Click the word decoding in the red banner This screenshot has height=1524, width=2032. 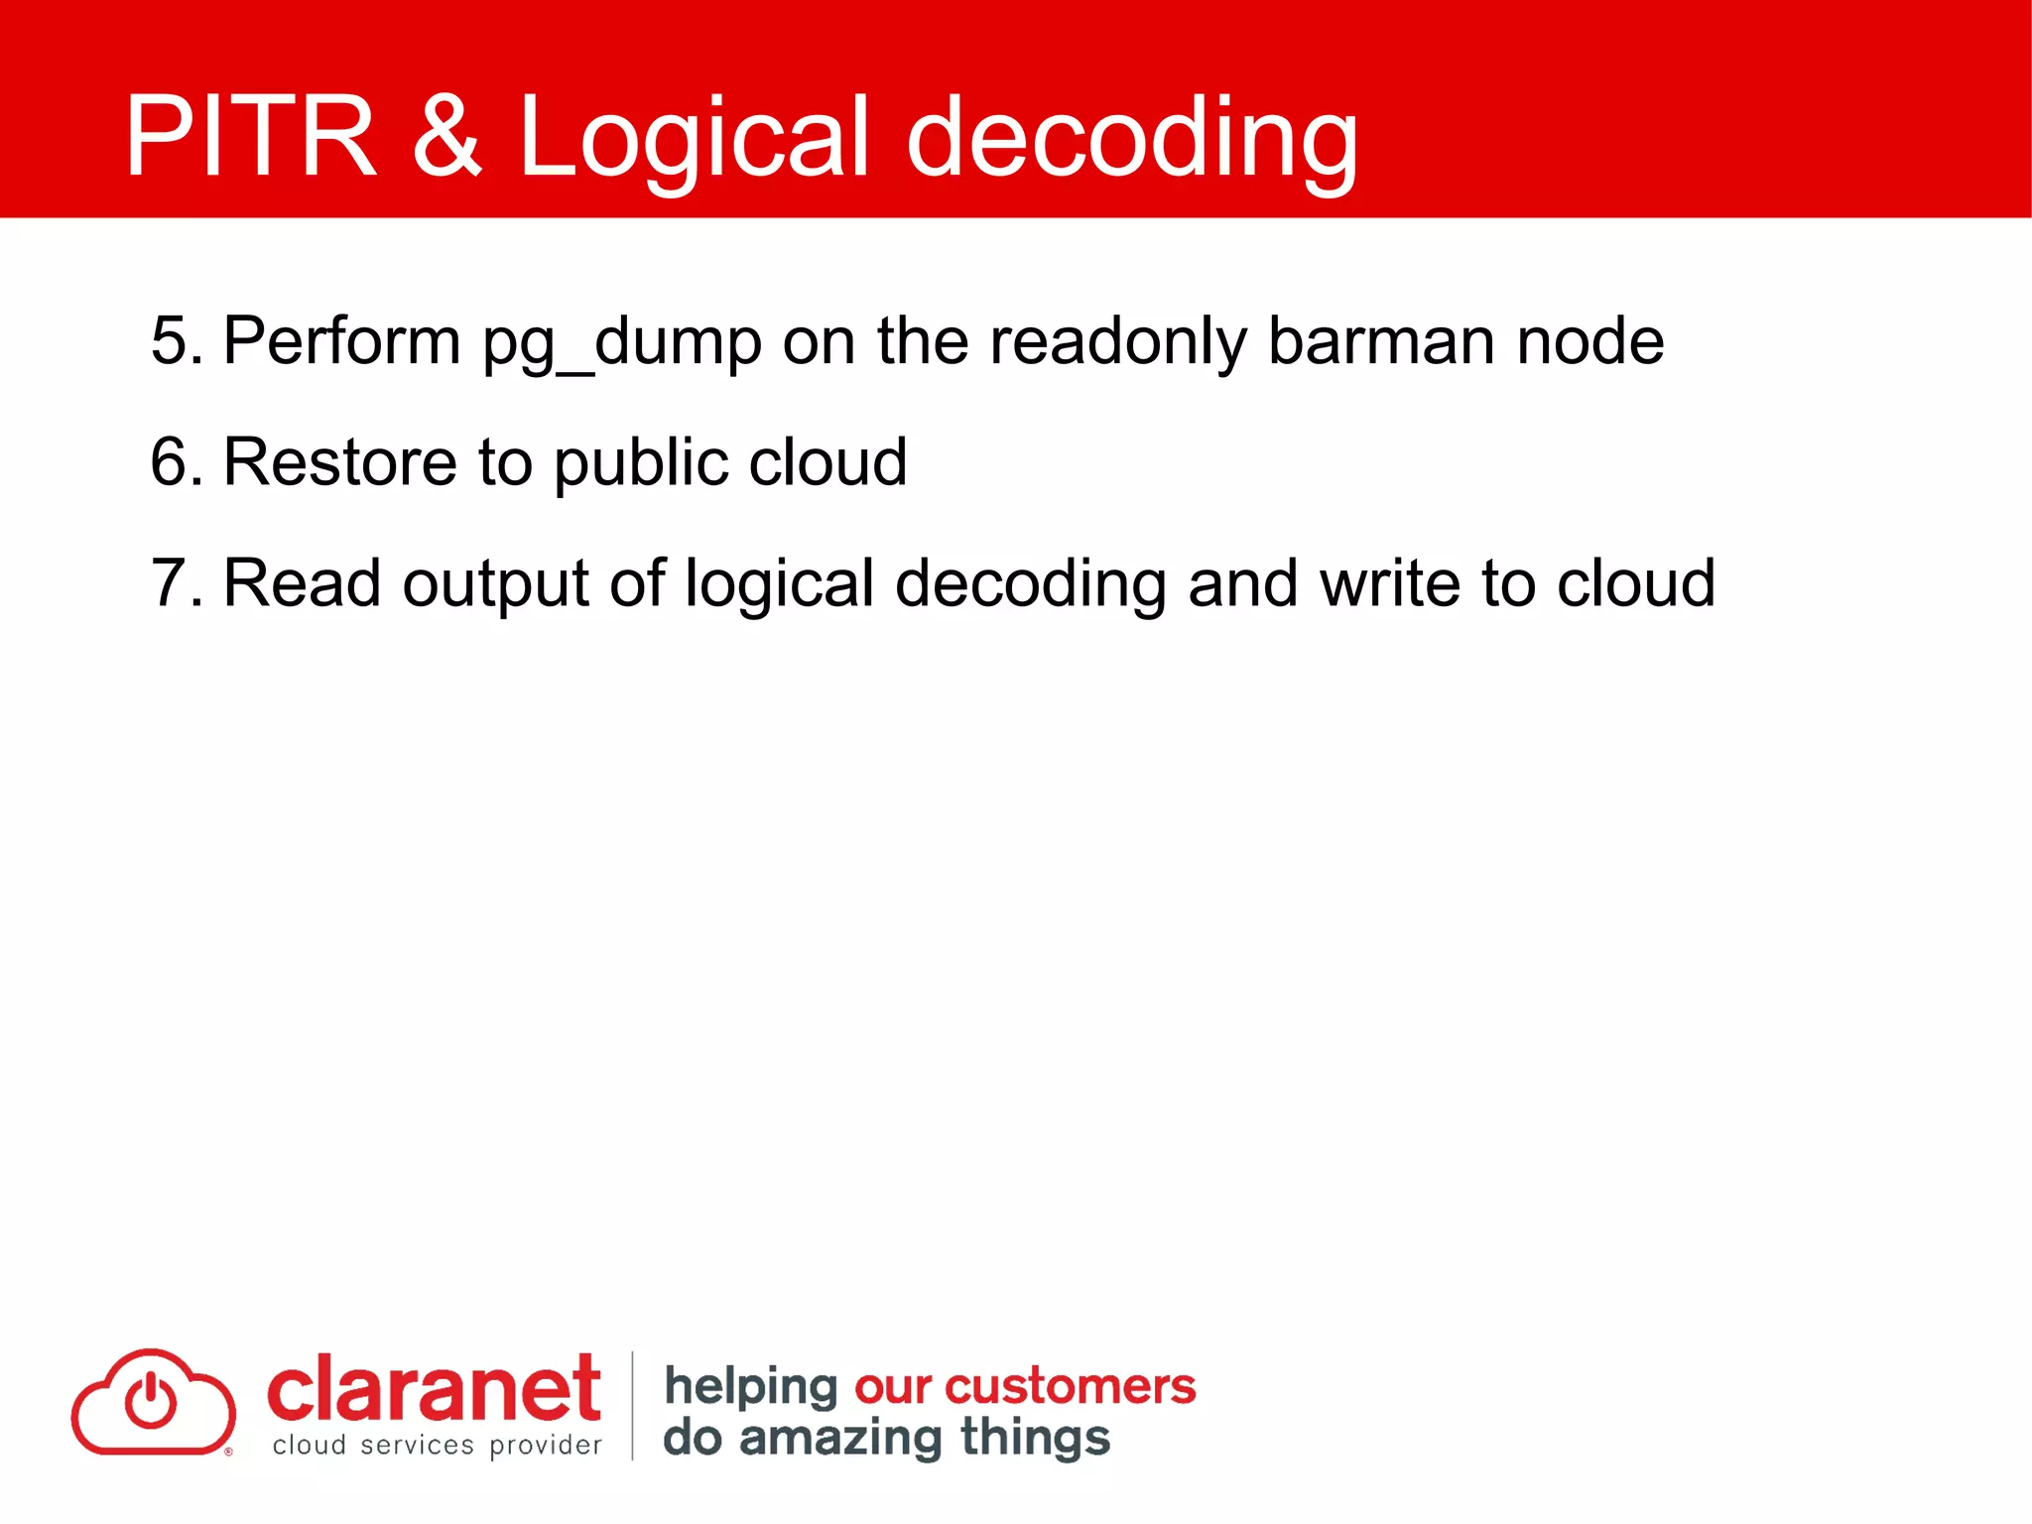pos(1131,139)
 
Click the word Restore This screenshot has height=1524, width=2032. pos(340,461)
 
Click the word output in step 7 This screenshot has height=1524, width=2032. pos(495,584)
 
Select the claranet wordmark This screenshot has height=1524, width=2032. pos(434,1389)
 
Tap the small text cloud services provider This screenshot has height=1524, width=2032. pos(437,1446)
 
